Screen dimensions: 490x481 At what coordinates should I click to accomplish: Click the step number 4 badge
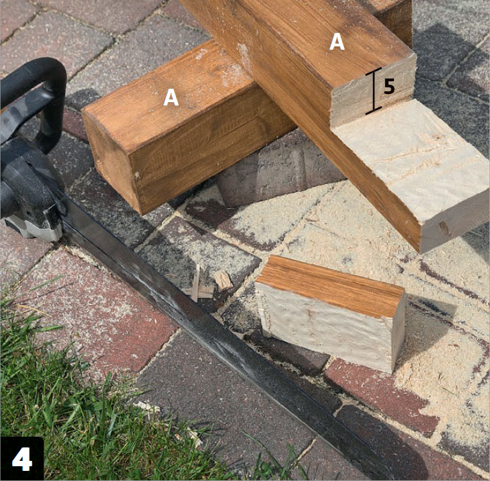click(22, 459)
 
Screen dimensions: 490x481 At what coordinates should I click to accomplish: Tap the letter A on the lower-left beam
click(171, 97)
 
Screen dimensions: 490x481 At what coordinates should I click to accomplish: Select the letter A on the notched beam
click(337, 42)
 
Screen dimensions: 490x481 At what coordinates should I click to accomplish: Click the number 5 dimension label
click(389, 87)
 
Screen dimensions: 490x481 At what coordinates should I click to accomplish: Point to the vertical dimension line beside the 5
click(374, 90)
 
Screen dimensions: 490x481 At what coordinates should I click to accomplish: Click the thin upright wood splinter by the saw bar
click(196, 283)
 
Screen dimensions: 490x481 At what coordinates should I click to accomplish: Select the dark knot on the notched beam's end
click(444, 228)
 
